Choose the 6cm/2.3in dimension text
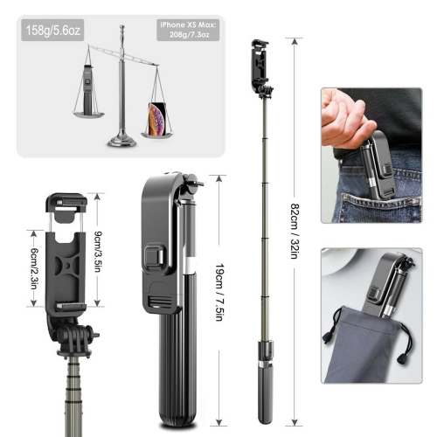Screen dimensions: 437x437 34,263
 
